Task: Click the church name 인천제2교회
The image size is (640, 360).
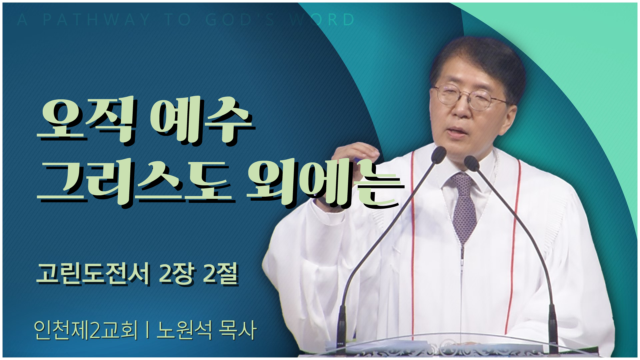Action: [x=86, y=330]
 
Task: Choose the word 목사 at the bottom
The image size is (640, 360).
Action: [x=237, y=330]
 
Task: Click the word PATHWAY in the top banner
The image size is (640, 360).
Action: [x=96, y=20]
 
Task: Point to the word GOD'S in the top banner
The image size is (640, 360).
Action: [x=240, y=20]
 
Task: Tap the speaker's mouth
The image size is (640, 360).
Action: [x=457, y=131]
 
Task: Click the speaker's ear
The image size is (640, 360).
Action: [x=515, y=107]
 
